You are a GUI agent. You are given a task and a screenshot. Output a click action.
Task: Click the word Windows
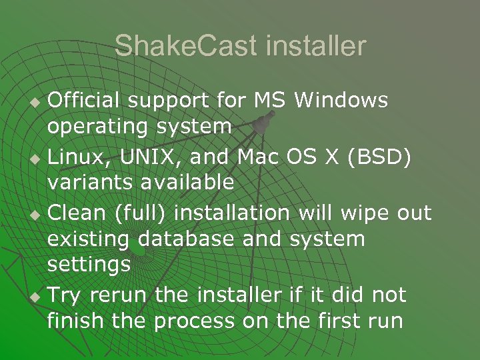coord(341,100)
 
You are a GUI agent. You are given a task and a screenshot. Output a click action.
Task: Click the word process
coord(194,321)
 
